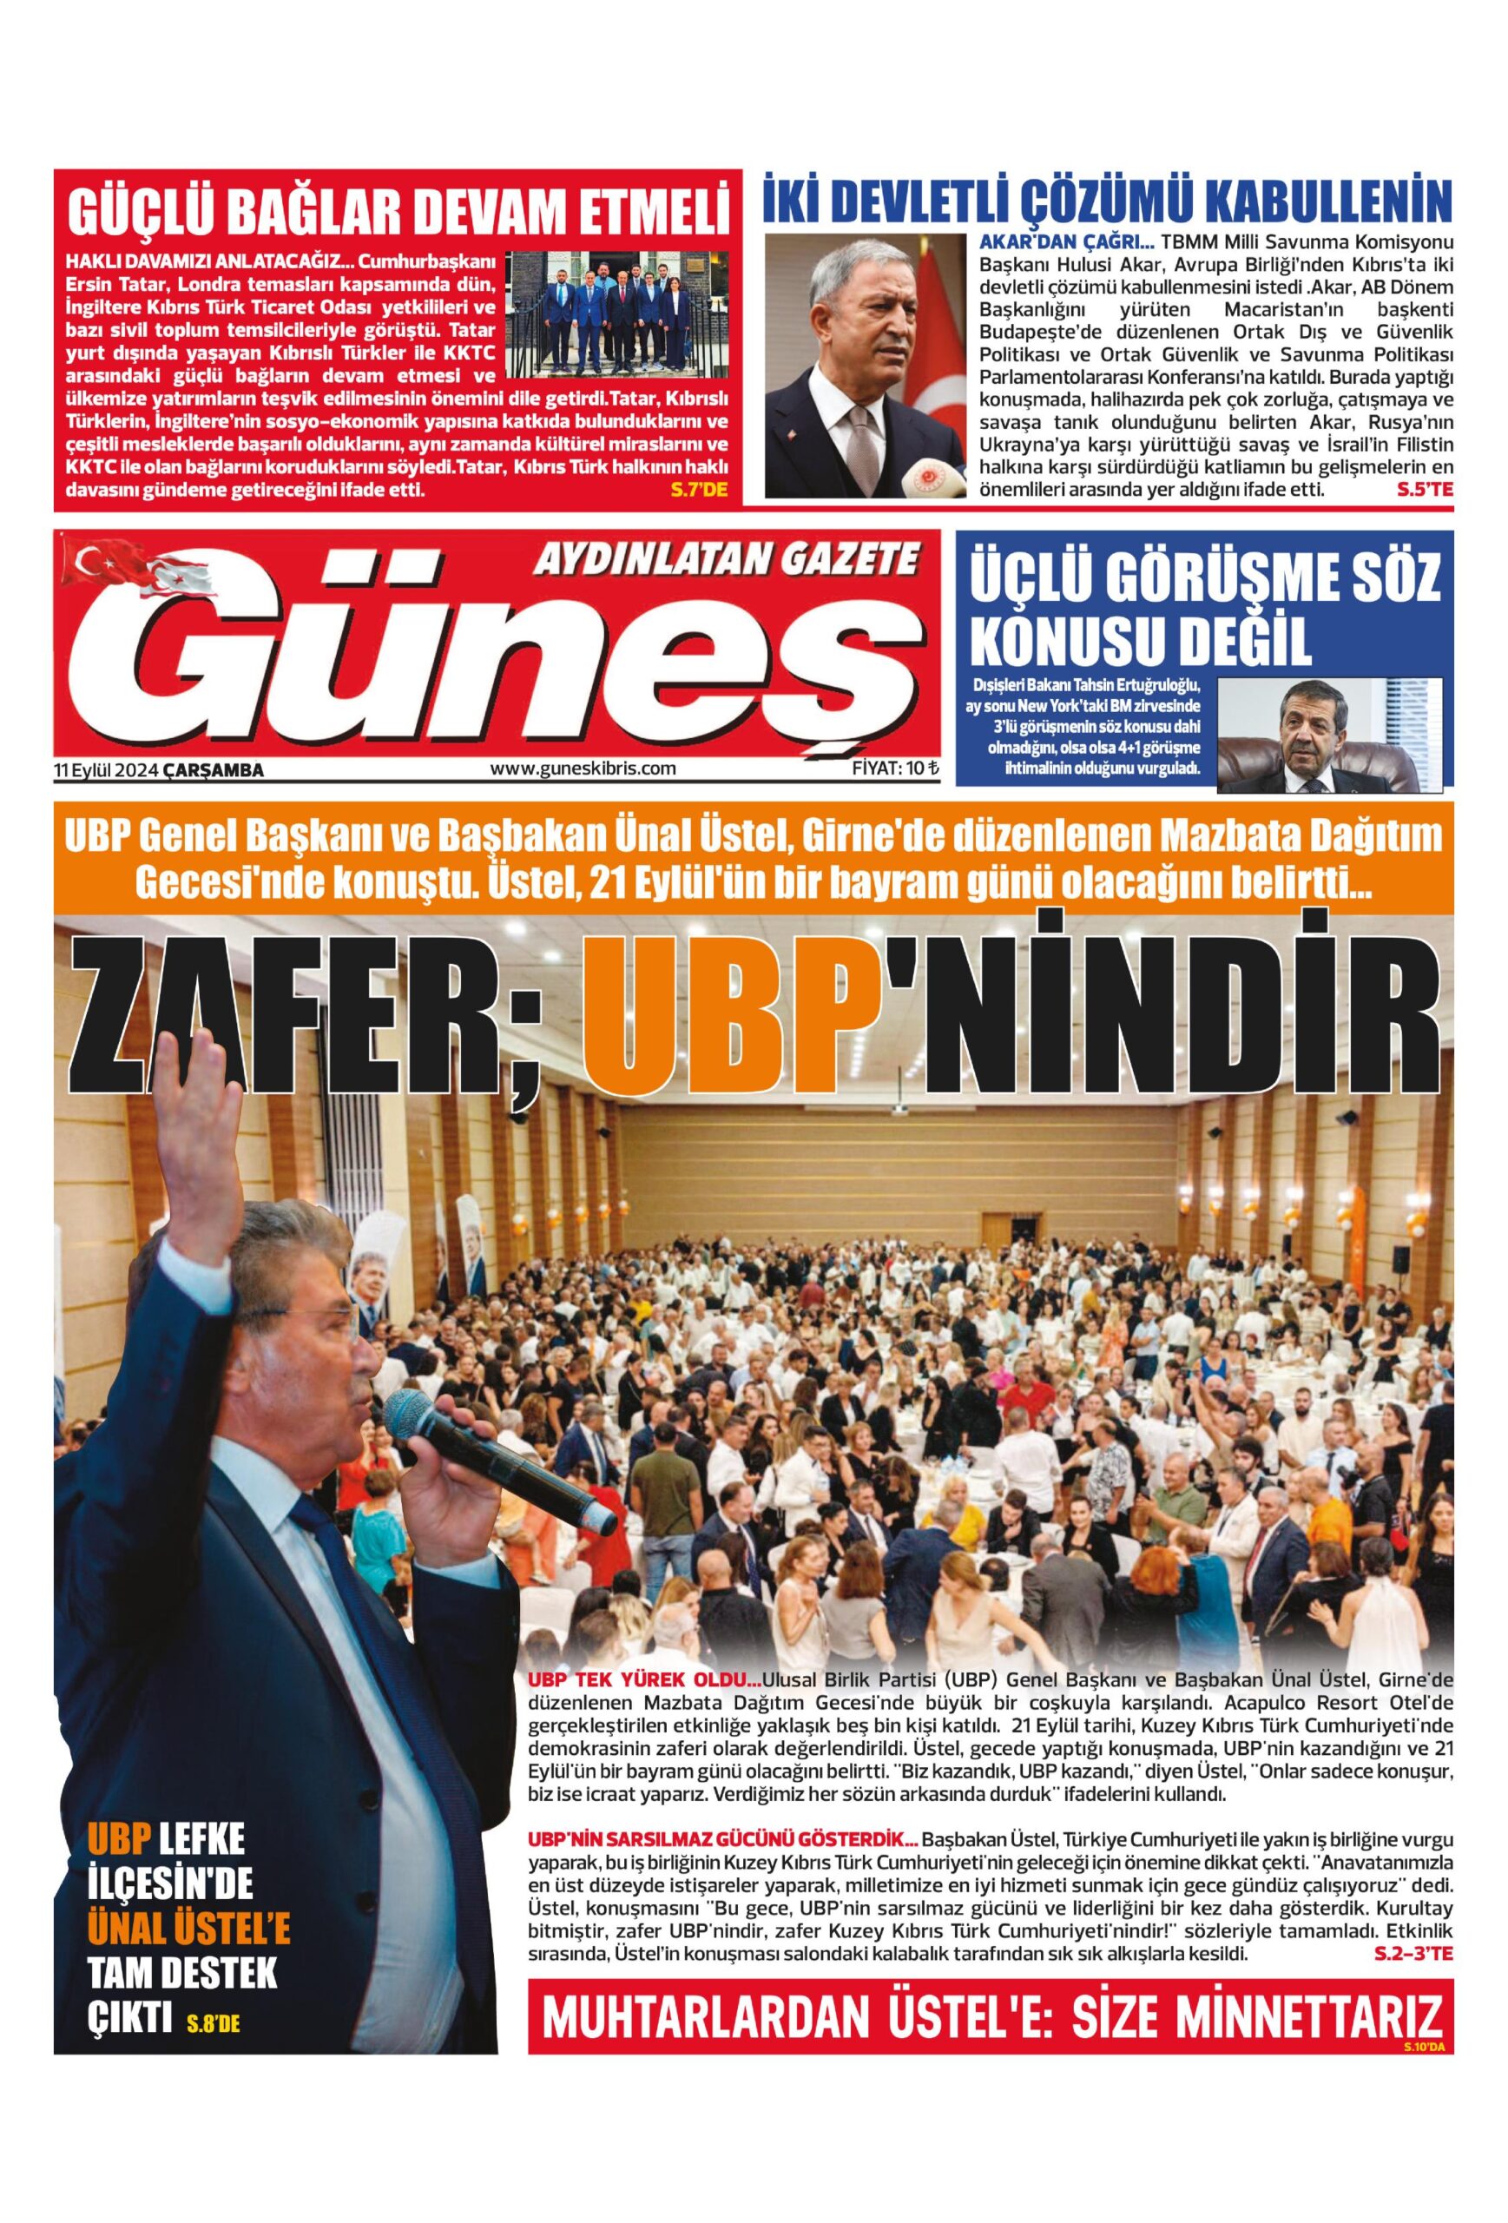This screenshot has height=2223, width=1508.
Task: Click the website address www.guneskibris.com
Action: click(x=583, y=767)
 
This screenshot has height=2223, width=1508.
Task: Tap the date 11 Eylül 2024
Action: click(x=107, y=768)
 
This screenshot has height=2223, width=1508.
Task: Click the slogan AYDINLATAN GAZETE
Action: click(x=725, y=557)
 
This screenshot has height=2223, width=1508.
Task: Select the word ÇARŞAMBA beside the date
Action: click(x=214, y=769)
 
